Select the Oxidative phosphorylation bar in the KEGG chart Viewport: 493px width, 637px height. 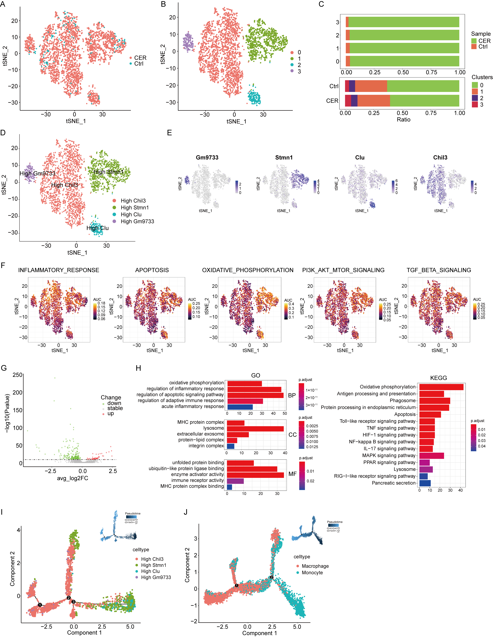point(441,387)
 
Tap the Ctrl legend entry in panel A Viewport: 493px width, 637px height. point(139,64)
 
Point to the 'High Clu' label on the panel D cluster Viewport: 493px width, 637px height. point(97,228)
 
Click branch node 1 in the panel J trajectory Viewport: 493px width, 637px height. point(237,585)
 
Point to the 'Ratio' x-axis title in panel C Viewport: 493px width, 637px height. point(403,120)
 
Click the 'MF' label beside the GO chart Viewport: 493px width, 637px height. point(292,474)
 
